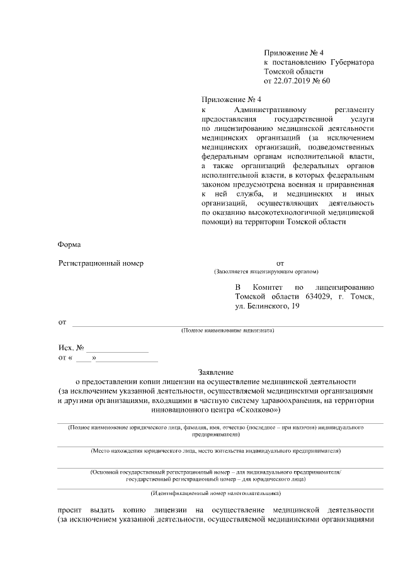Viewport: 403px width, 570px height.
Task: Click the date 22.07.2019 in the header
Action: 293,81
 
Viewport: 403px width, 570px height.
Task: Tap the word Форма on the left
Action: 69,244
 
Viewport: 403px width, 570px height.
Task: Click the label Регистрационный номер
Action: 101,263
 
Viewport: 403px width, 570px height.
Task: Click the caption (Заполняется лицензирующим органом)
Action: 266,272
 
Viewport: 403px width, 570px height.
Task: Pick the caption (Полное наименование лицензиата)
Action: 228,330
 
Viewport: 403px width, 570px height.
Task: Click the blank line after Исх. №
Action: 118,348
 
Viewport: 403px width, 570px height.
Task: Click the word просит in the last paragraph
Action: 69,510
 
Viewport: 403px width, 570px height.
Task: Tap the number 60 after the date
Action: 326,81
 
